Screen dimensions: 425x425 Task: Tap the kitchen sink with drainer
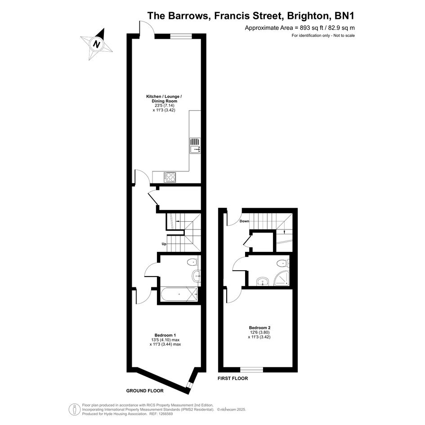click(x=195, y=146)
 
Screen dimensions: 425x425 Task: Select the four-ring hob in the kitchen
click(x=170, y=177)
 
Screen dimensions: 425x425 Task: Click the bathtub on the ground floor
click(x=179, y=294)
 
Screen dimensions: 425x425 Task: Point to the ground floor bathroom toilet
click(x=193, y=262)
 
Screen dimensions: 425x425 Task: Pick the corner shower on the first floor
click(x=282, y=279)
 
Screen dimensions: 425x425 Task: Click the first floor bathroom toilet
click(x=283, y=263)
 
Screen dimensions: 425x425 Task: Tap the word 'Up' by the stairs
click(x=164, y=244)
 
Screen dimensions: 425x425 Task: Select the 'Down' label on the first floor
click(x=244, y=221)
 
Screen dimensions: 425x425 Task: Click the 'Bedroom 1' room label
click(x=166, y=336)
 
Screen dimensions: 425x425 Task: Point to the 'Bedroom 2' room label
click(x=259, y=328)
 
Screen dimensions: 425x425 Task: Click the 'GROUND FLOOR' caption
click(x=145, y=391)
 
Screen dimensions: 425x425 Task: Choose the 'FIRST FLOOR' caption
click(x=233, y=378)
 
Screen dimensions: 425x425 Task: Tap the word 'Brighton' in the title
click(x=307, y=16)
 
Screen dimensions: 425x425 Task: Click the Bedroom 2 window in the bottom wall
click(x=251, y=369)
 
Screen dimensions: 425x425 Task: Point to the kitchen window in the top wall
click(x=181, y=36)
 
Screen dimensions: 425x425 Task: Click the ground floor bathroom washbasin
click(x=196, y=277)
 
